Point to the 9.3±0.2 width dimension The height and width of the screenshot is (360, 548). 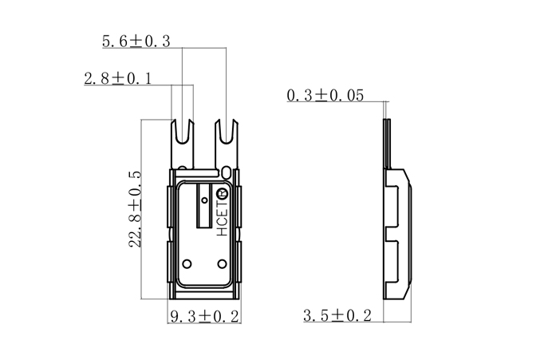coord(204,316)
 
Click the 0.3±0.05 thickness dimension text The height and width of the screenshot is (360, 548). coord(325,96)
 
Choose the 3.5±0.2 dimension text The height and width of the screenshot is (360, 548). coord(337,316)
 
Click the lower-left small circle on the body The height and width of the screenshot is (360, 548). coord(187,263)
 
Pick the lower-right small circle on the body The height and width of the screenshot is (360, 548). coord(222,263)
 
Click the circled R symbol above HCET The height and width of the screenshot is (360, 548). coord(223,193)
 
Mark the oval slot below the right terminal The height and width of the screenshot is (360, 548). coord(229,172)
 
